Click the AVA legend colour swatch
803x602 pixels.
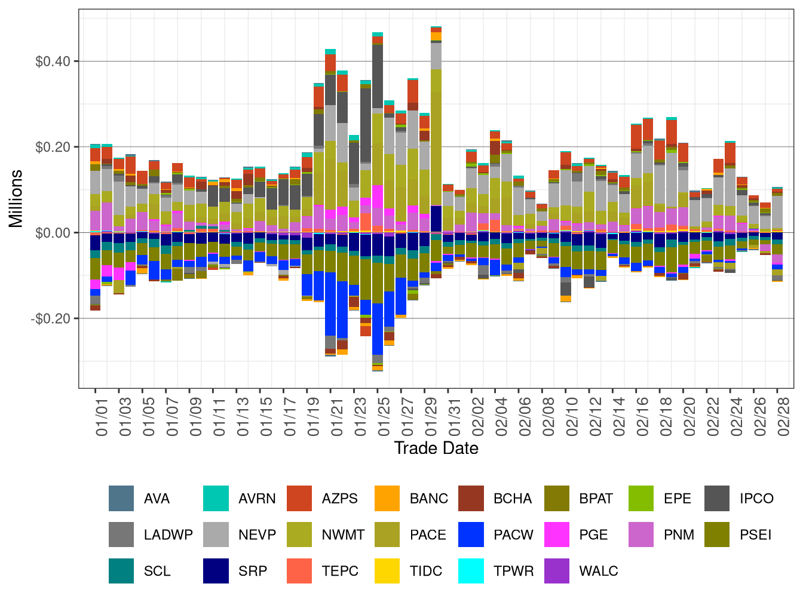pos(121,499)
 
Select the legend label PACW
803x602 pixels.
pos(513,535)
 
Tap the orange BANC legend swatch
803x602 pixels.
pos(387,499)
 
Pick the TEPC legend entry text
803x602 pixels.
pos(339,571)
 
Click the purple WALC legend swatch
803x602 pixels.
pos(557,571)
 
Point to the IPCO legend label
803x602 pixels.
pos(756,499)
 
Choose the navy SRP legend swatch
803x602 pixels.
pos(216,571)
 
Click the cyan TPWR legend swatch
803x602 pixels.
pos(471,571)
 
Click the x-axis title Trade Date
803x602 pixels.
pos(436,449)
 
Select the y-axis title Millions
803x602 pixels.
pos(16,198)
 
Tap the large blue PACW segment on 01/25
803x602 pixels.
pos(378,328)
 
